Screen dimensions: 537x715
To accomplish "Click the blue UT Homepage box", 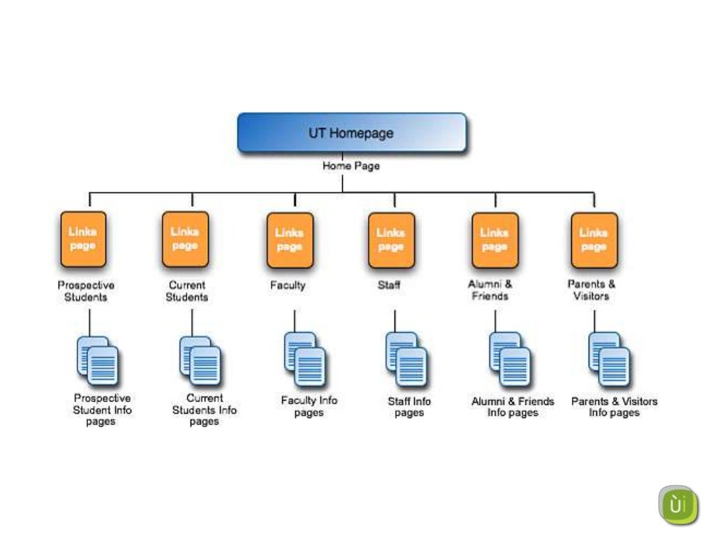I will coord(352,133).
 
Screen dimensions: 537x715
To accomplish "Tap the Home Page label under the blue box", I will coord(351,166).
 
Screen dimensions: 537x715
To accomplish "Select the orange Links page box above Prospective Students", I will coord(83,239).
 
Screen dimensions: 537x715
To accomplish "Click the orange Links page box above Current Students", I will coord(185,239).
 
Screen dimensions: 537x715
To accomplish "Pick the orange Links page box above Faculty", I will coord(289,240).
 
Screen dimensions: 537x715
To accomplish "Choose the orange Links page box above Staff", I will coord(391,240).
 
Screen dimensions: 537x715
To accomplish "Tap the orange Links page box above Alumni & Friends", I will coord(494,240).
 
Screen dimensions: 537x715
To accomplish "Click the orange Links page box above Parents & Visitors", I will coord(594,240).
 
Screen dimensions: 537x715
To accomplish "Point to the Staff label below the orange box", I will coord(389,285).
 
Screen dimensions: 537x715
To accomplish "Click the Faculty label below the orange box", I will coord(288,285).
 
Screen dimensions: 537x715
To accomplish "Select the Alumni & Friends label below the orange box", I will coord(489,290).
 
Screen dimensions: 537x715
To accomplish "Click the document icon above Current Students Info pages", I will coord(200,361).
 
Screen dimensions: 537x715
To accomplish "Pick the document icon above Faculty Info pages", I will coord(304,359).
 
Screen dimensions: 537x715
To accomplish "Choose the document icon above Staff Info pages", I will coord(406,359).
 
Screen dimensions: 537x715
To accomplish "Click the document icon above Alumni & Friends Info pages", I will coord(510,359).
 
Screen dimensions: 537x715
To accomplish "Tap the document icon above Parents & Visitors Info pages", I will coord(609,359).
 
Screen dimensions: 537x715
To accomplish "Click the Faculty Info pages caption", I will coord(309,406).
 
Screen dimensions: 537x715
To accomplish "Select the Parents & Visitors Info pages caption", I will coord(614,407).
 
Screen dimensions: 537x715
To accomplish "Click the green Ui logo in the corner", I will coord(677,505).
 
